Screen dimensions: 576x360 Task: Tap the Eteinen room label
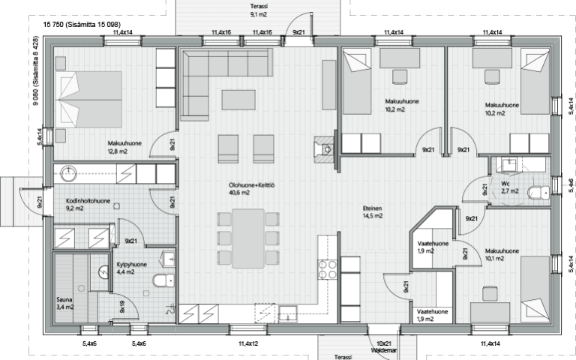click(x=373, y=208)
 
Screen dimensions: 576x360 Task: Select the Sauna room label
click(x=64, y=299)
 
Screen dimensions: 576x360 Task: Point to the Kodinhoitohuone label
click(x=88, y=201)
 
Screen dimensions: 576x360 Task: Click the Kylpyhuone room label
click(x=131, y=265)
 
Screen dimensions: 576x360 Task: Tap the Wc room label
click(x=505, y=184)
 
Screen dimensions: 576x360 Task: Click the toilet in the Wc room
click(x=538, y=192)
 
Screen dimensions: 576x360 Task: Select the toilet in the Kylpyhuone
click(x=163, y=280)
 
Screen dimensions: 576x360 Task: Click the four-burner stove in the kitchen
click(x=328, y=269)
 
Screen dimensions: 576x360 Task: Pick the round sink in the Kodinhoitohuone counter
click(x=68, y=174)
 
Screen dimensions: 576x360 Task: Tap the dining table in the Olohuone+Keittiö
click(x=248, y=238)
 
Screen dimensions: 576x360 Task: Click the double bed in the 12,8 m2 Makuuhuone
click(x=88, y=100)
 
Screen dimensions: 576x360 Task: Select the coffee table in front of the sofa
click(x=238, y=100)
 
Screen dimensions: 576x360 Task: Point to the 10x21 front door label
click(x=384, y=343)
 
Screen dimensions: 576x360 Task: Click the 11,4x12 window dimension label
click(x=248, y=343)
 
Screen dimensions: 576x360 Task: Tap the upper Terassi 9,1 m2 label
click(x=259, y=10)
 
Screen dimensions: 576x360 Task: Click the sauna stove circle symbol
click(x=103, y=271)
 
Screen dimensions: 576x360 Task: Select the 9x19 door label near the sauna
click(x=122, y=306)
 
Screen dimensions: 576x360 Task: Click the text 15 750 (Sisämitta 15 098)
click(x=82, y=25)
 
